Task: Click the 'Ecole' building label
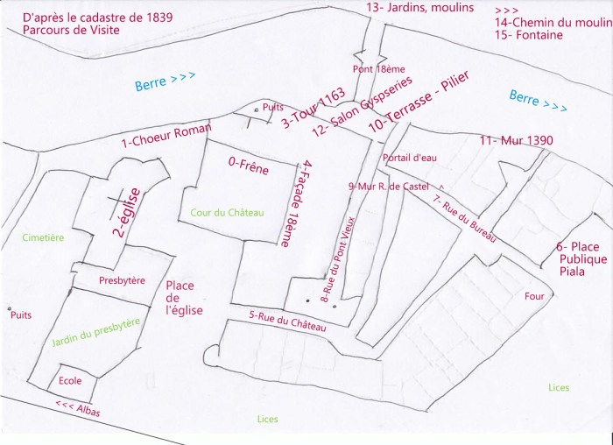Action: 71,381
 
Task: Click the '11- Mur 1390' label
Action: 514,141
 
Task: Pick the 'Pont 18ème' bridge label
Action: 376,67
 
